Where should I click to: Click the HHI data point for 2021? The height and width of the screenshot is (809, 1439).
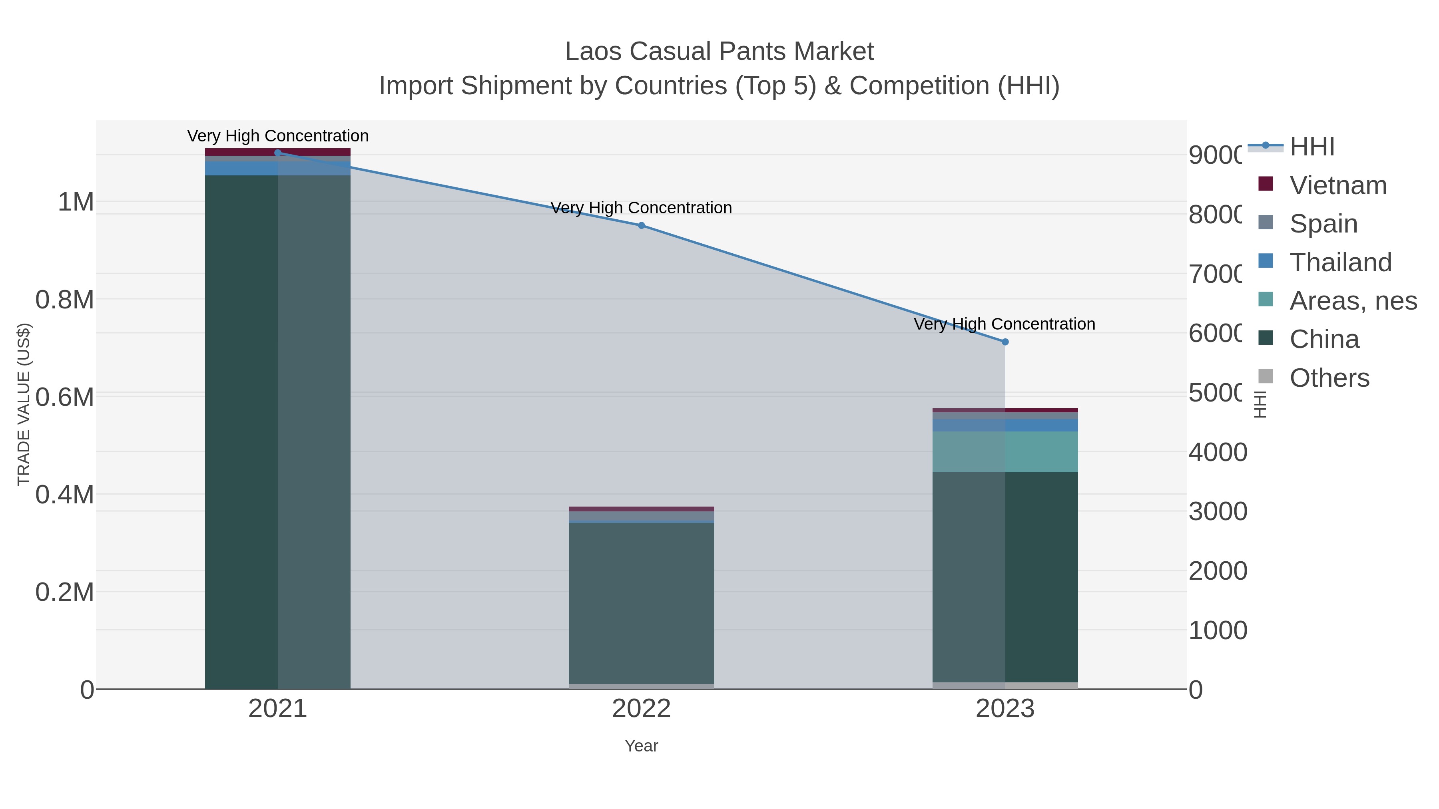[x=278, y=153]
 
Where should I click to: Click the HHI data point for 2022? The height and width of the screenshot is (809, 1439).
[x=641, y=226]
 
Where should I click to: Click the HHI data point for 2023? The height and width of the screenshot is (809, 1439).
[x=1005, y=342]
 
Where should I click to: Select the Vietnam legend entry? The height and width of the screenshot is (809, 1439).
[x=1338, y=185]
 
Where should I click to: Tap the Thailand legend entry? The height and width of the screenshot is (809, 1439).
[x=1340, y=262]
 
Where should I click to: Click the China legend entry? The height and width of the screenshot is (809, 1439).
[x=1324, y=340]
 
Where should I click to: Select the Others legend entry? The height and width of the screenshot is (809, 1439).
[x=1329, y=378]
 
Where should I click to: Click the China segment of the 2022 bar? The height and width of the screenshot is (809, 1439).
[x=641, y=603]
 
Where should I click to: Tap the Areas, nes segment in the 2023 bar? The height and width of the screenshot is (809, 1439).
[x=1005, y=452]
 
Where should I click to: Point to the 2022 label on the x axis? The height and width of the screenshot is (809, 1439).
[x=641, y=709]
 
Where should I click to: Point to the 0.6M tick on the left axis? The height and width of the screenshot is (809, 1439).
[x=64, y=398]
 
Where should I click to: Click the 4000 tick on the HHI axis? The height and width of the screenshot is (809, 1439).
[x=1217, y=452]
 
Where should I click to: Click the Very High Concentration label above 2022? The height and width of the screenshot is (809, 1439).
[x=641, y=208]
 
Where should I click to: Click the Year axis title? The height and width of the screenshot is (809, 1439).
[x=641, y=746]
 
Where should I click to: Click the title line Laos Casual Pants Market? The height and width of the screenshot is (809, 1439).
[x=719, y=52]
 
